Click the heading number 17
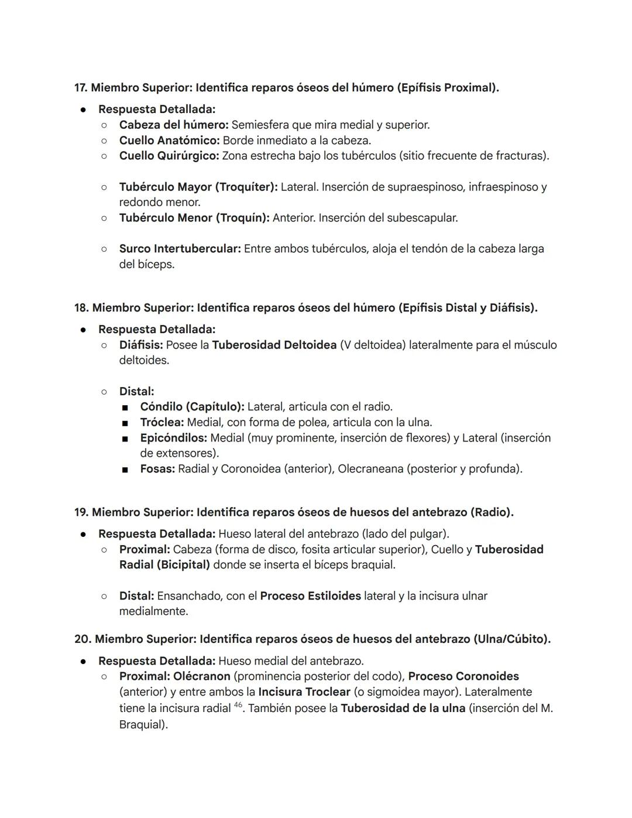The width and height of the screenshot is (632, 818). point(80,88)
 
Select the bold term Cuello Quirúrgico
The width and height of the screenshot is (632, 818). point(169,156)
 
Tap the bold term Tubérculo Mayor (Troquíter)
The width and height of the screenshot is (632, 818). point(198,187)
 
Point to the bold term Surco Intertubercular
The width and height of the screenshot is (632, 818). point(180,249)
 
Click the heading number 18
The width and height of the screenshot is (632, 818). point(81,308)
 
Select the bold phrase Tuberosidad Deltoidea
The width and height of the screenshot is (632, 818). point(274,345)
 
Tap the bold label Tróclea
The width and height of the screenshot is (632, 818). point(162,422)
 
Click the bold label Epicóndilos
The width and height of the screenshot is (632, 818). point(173,438)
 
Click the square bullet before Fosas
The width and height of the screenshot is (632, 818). point(125,470)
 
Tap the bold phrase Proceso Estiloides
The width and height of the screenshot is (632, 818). point(310,596)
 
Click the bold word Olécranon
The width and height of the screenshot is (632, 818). point(202,676)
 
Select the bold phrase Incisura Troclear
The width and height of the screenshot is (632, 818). point(304,692)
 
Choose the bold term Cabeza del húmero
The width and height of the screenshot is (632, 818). point(173,125)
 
